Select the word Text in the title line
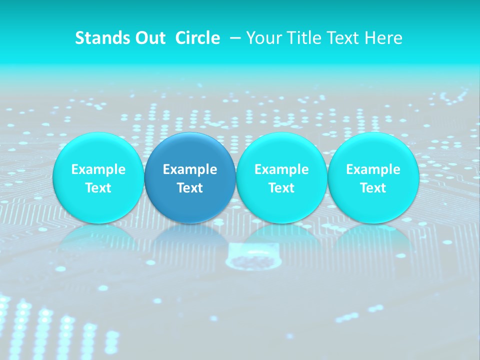tap(343, 38)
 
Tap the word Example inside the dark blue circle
tap(190, 169)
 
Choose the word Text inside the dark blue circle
tap(190, 188)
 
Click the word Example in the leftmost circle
tap(98, 169)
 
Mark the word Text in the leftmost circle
tap(98, 188)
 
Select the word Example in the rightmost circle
tap(373, 169)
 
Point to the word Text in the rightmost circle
tap(373, 188)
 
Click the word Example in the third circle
tap(281, 169)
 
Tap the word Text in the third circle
tap(281, 188)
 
